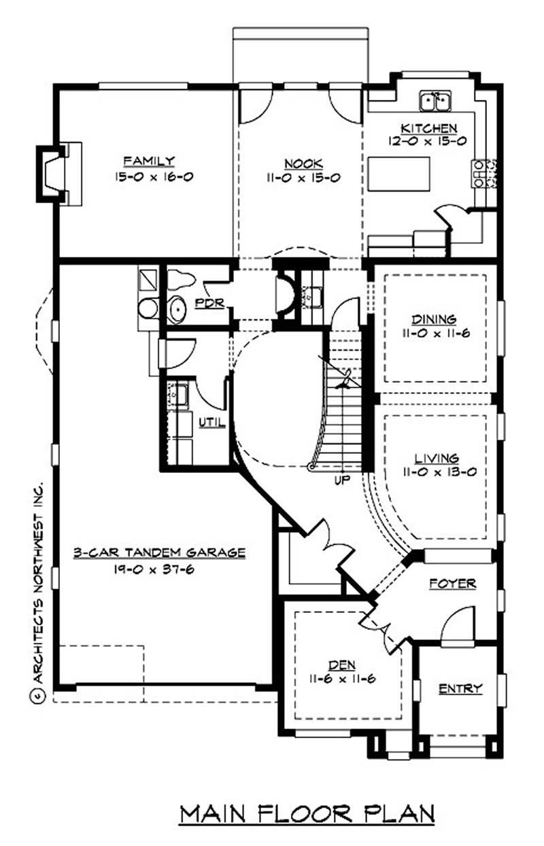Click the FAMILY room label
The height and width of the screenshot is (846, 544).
tap(149, 161)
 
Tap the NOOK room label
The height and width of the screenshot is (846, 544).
tap(303, 163)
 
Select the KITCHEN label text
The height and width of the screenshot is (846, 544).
tap(428, 128)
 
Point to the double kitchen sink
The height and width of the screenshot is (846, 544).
tap(436, 101)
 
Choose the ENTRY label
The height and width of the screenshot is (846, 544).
tap(460, 688)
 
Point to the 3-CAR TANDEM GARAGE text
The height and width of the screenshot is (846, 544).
tap(159, 552)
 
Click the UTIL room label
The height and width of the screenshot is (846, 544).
tap(211, 422)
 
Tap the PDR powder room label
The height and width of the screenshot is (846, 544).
tap(209, 303)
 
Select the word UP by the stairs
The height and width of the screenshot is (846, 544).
tap(341, 480)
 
